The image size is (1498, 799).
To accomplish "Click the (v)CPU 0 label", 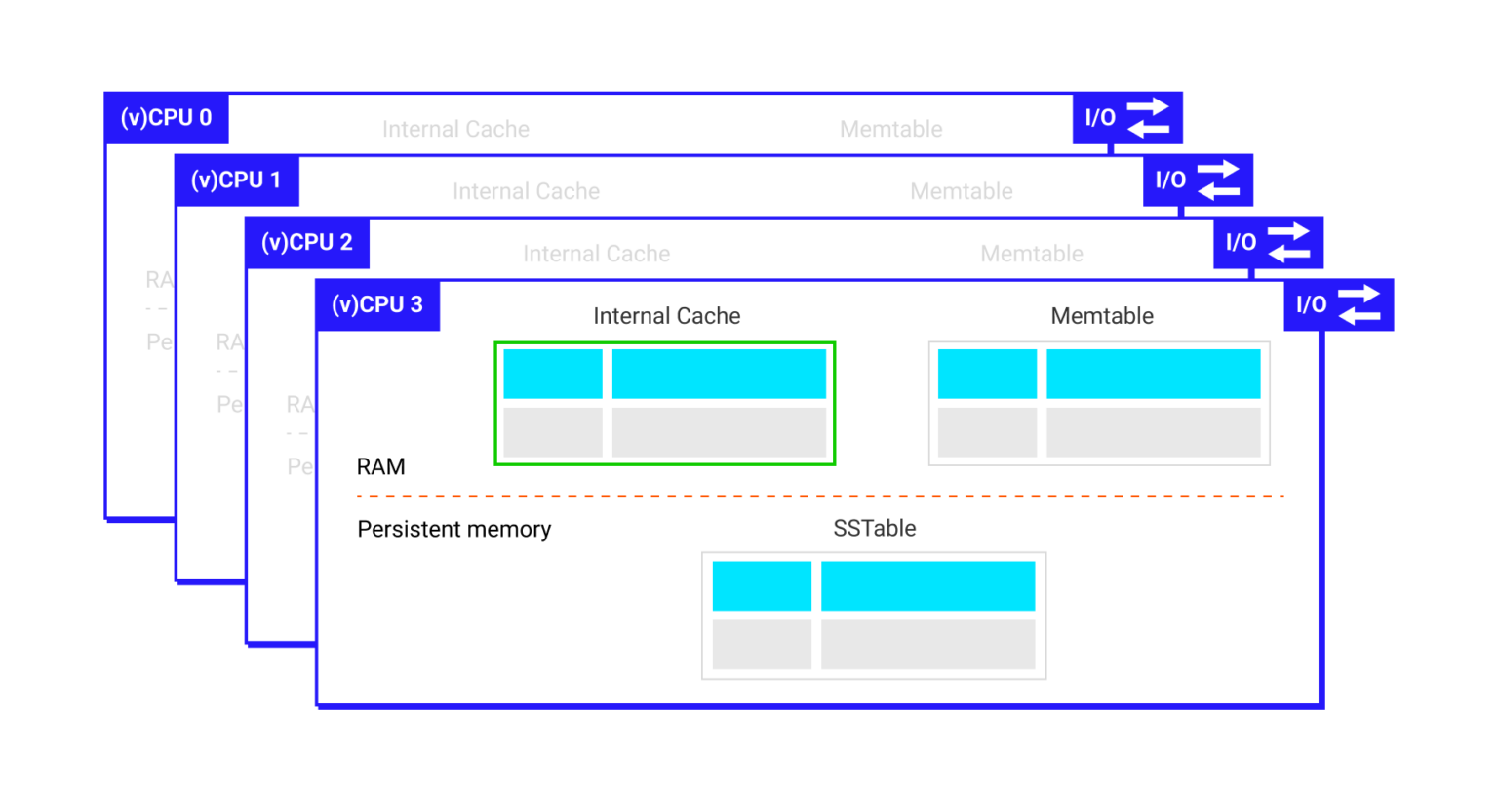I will coord(166,118).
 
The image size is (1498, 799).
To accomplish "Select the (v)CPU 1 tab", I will coord(236,180).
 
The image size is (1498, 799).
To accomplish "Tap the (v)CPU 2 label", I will coord(306,243).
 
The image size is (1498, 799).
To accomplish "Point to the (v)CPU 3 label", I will coord(377,305).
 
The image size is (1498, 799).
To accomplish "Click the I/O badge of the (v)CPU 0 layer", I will coord(1127,118).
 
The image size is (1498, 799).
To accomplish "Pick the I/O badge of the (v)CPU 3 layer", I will coord(1338,305).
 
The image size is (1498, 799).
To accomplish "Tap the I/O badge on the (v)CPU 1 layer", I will coord(1198,180).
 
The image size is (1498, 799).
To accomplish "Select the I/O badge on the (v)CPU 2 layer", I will coord(1268,243).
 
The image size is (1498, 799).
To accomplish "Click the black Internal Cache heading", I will coord(666,316).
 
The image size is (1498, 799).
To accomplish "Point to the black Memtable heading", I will coord(1102,316).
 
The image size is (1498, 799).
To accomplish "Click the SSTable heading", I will coord(874,529).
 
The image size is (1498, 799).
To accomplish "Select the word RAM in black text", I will coord(380,467).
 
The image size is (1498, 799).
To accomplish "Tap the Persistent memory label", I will coord(453,530).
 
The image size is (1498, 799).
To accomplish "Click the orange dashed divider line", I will coord(819,496).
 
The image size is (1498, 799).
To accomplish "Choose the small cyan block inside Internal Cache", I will coord(553,374).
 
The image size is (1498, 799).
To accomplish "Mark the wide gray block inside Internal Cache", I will coord(719,432).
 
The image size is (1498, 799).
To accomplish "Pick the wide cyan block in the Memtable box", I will coord(1153,374).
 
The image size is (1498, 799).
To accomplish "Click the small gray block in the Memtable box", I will coord(987,432).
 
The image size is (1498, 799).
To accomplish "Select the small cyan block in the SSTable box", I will coord(762,585).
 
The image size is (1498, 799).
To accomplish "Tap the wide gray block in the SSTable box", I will coord(927,644).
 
